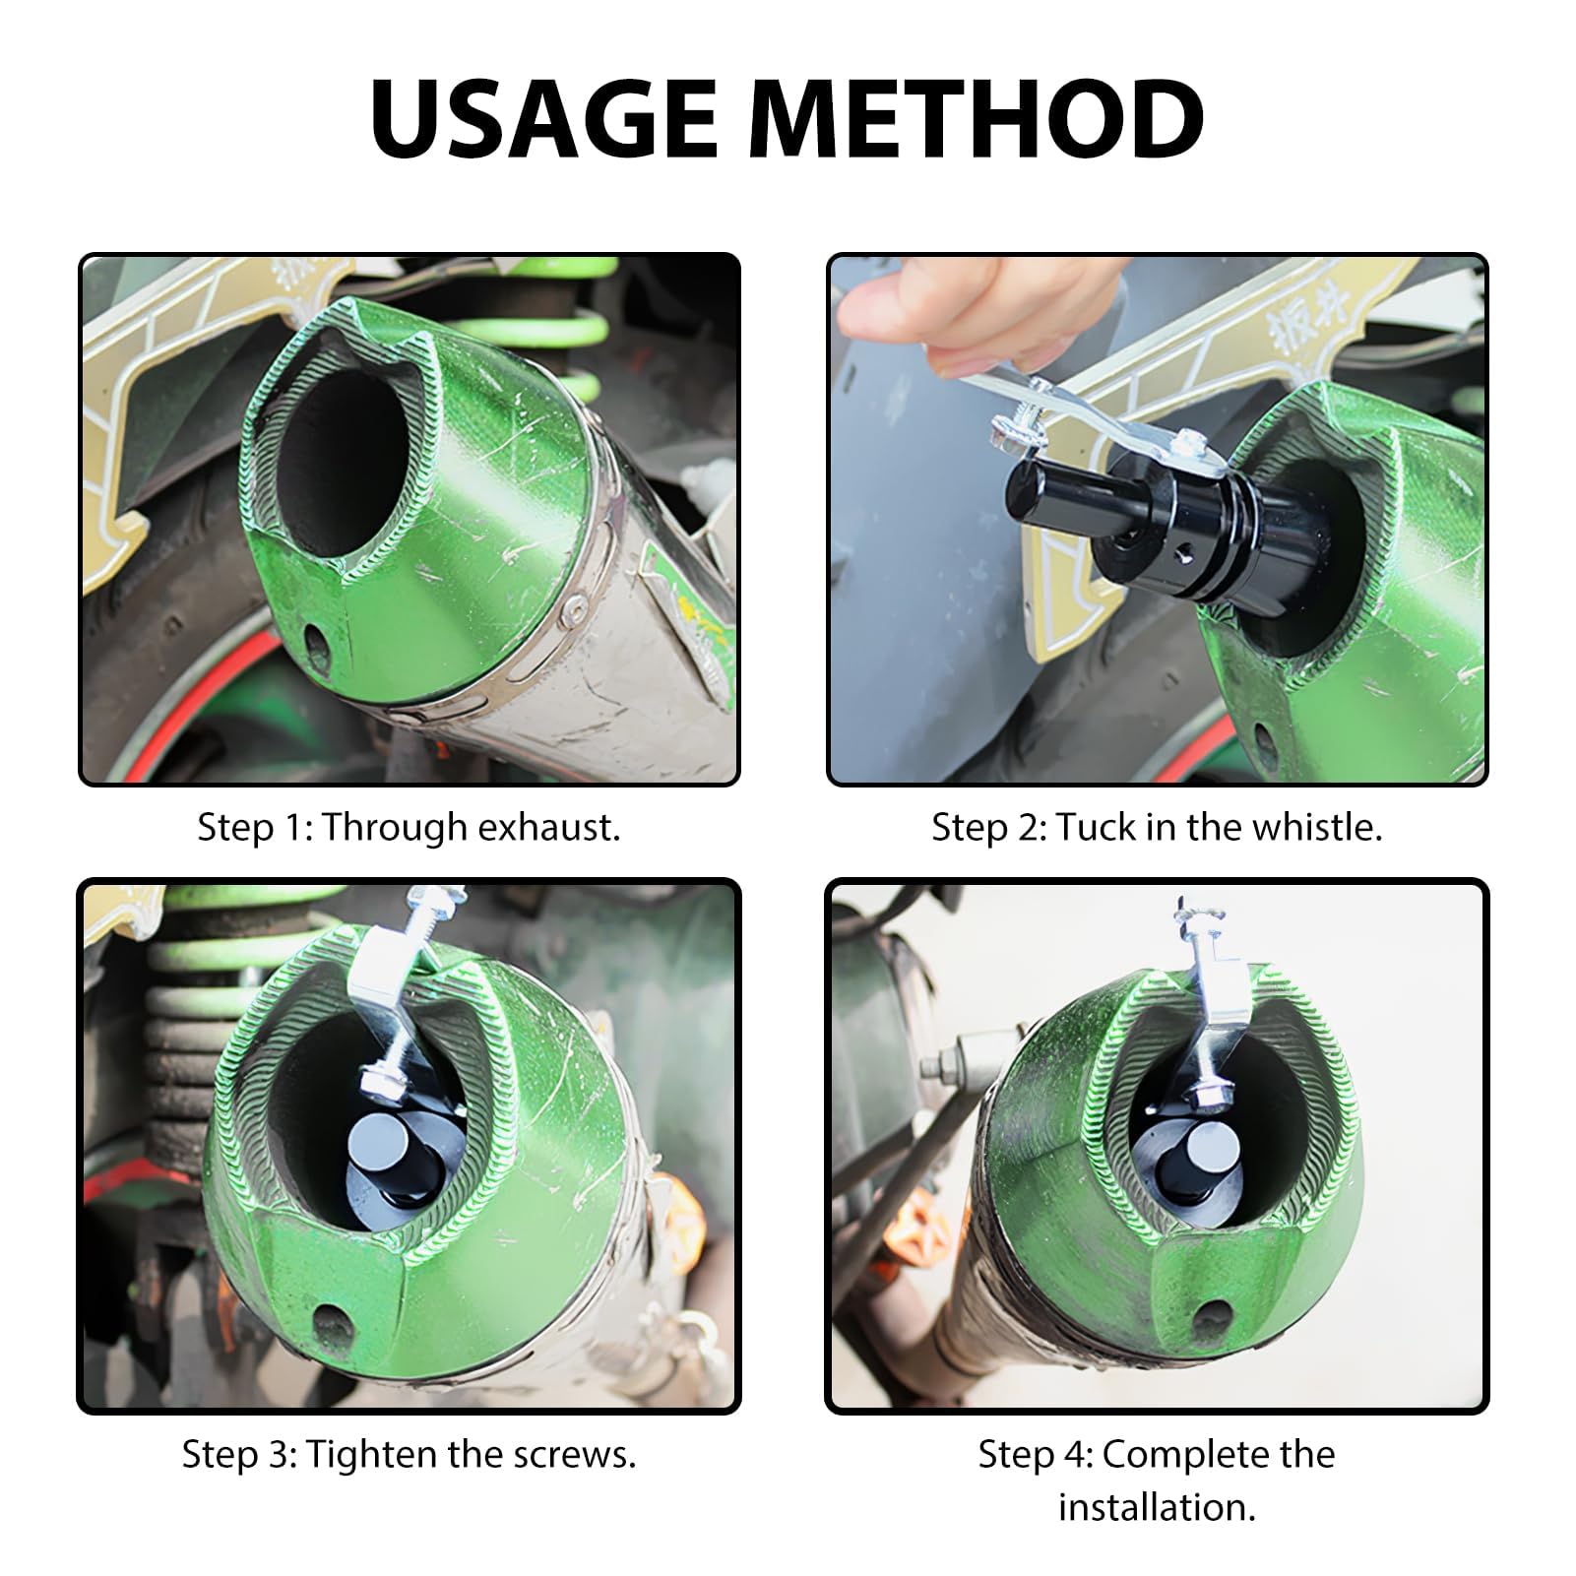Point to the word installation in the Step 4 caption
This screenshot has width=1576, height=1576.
1157,1507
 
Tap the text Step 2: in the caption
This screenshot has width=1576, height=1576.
987,827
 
